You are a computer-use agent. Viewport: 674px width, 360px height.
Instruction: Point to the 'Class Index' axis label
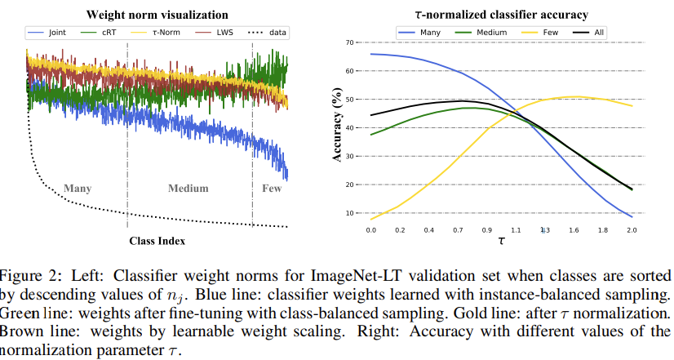click(x=157, y=241)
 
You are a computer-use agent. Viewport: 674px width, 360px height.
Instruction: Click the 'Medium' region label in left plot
click(x=188, y=189)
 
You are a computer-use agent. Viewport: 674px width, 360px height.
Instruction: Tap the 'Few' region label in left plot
click(x=270, y=189)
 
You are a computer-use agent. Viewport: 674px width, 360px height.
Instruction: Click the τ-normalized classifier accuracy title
click(x=500, y=15)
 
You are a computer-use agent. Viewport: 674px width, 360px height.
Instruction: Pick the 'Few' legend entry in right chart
click(x=550, y=33)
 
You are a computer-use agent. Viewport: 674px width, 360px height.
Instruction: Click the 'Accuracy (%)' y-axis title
click(x=338, y=127)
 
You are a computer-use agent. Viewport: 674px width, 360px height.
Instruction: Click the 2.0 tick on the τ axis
click(x=630, y=231)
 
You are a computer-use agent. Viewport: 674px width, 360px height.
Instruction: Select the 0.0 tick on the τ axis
click(x=371, y=231)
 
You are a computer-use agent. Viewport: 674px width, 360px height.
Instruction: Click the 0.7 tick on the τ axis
click(x=458, y=231)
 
